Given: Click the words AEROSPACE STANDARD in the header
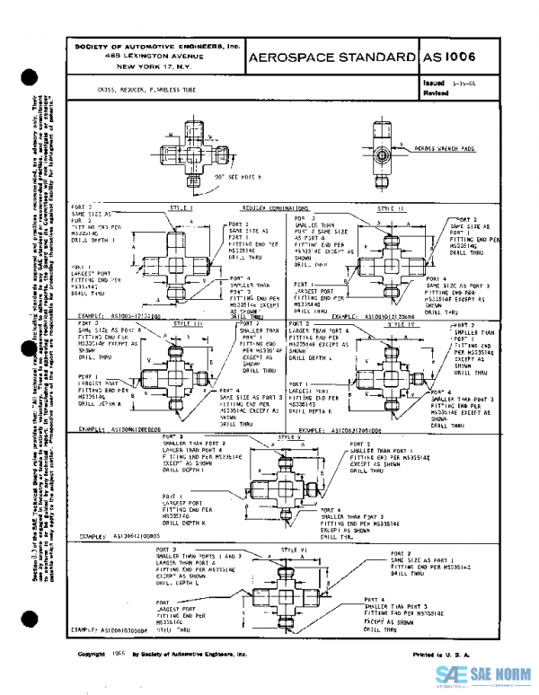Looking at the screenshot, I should tap(330, 57).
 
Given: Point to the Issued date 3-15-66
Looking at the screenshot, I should tap(464, 82).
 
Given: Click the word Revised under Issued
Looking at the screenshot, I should tap(435, 92).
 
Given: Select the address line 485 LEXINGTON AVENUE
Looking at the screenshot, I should tap(157, 56).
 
